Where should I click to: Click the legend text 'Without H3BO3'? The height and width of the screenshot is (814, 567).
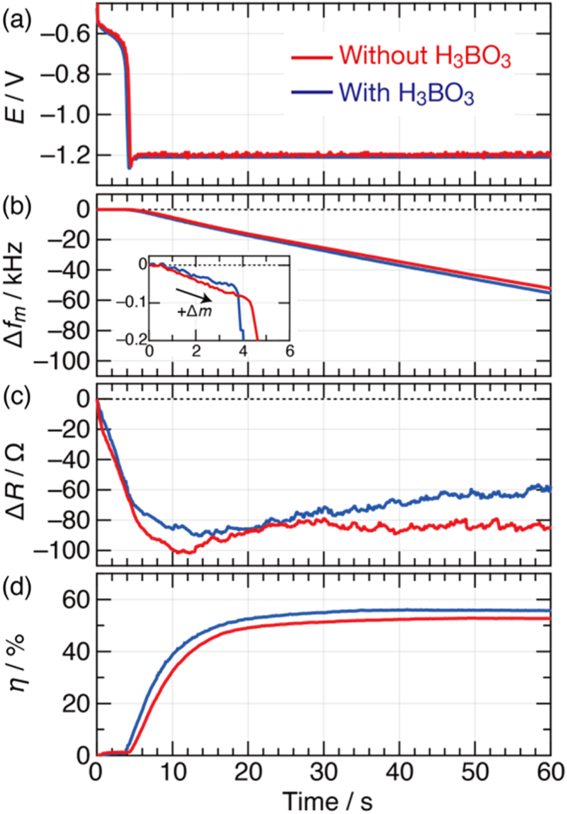click(425, 57)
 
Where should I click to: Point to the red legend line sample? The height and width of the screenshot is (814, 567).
click(311, 57)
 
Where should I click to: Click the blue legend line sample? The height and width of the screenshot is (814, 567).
click(311, 92)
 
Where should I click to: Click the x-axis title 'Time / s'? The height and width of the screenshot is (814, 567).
click(328, 801)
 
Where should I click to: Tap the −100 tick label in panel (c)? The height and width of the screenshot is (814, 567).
click(62, 551)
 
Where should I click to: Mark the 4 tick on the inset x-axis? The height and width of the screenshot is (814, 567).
click(243, 351)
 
